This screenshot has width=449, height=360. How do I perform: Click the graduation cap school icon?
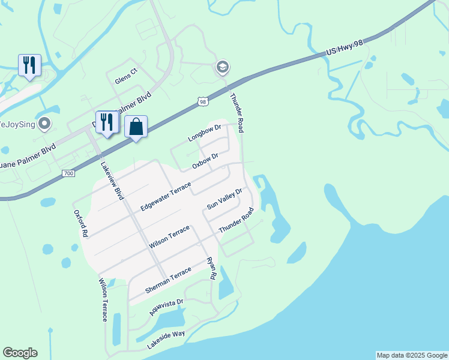pos(223,67)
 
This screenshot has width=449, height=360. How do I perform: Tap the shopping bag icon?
pos(136,127)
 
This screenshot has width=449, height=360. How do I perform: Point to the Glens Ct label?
pos(126,76)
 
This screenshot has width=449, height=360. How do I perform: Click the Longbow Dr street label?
pos(205,133)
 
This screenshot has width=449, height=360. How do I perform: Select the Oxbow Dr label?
pos(205,161)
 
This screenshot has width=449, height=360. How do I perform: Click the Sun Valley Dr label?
pos(224,199)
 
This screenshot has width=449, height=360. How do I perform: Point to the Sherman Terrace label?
pos(168,280)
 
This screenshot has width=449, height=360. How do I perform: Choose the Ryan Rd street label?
pos(211,268)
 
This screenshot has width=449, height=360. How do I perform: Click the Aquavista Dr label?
pos(167,307)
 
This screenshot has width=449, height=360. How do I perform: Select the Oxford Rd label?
pos(81,223)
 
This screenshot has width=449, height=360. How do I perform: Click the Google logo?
pos(20,353)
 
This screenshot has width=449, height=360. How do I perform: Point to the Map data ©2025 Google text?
pos(412,355)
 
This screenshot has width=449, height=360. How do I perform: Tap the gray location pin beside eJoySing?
pos(44,124)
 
